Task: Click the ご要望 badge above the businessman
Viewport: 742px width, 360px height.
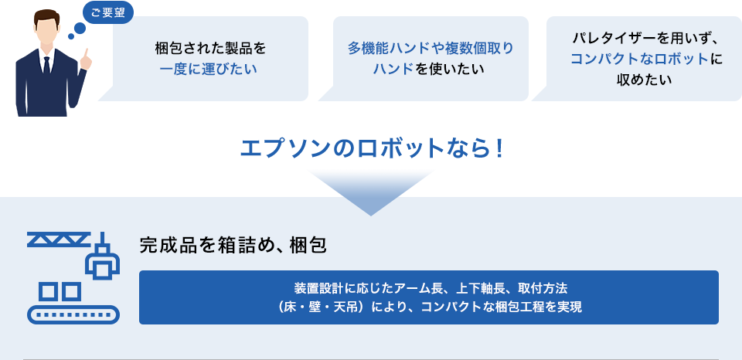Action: coord(108,13)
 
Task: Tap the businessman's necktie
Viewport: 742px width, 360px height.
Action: coord(46,66)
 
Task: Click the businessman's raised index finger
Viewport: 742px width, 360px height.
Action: coord(87,54)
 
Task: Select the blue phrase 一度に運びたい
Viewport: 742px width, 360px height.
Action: coord(208,70)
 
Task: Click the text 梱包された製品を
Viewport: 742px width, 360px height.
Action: coord(210,48)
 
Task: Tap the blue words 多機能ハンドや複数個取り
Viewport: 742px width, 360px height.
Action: coord(431,48)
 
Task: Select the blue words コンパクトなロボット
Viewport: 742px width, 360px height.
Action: coord(639,59)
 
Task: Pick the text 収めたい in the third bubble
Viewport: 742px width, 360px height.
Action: coord(644,80)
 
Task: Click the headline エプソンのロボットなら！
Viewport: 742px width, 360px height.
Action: coord(370,148)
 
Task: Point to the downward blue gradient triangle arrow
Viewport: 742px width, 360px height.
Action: coord(371,192)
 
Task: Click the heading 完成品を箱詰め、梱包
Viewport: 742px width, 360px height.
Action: coord(233,246)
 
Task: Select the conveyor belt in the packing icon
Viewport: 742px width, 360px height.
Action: coord(73,314)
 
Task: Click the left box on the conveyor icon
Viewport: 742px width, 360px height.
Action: coord(48,291)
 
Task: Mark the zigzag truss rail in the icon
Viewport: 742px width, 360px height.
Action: coord(59,239)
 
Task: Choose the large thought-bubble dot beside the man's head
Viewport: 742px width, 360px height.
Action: coord(80,29)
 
